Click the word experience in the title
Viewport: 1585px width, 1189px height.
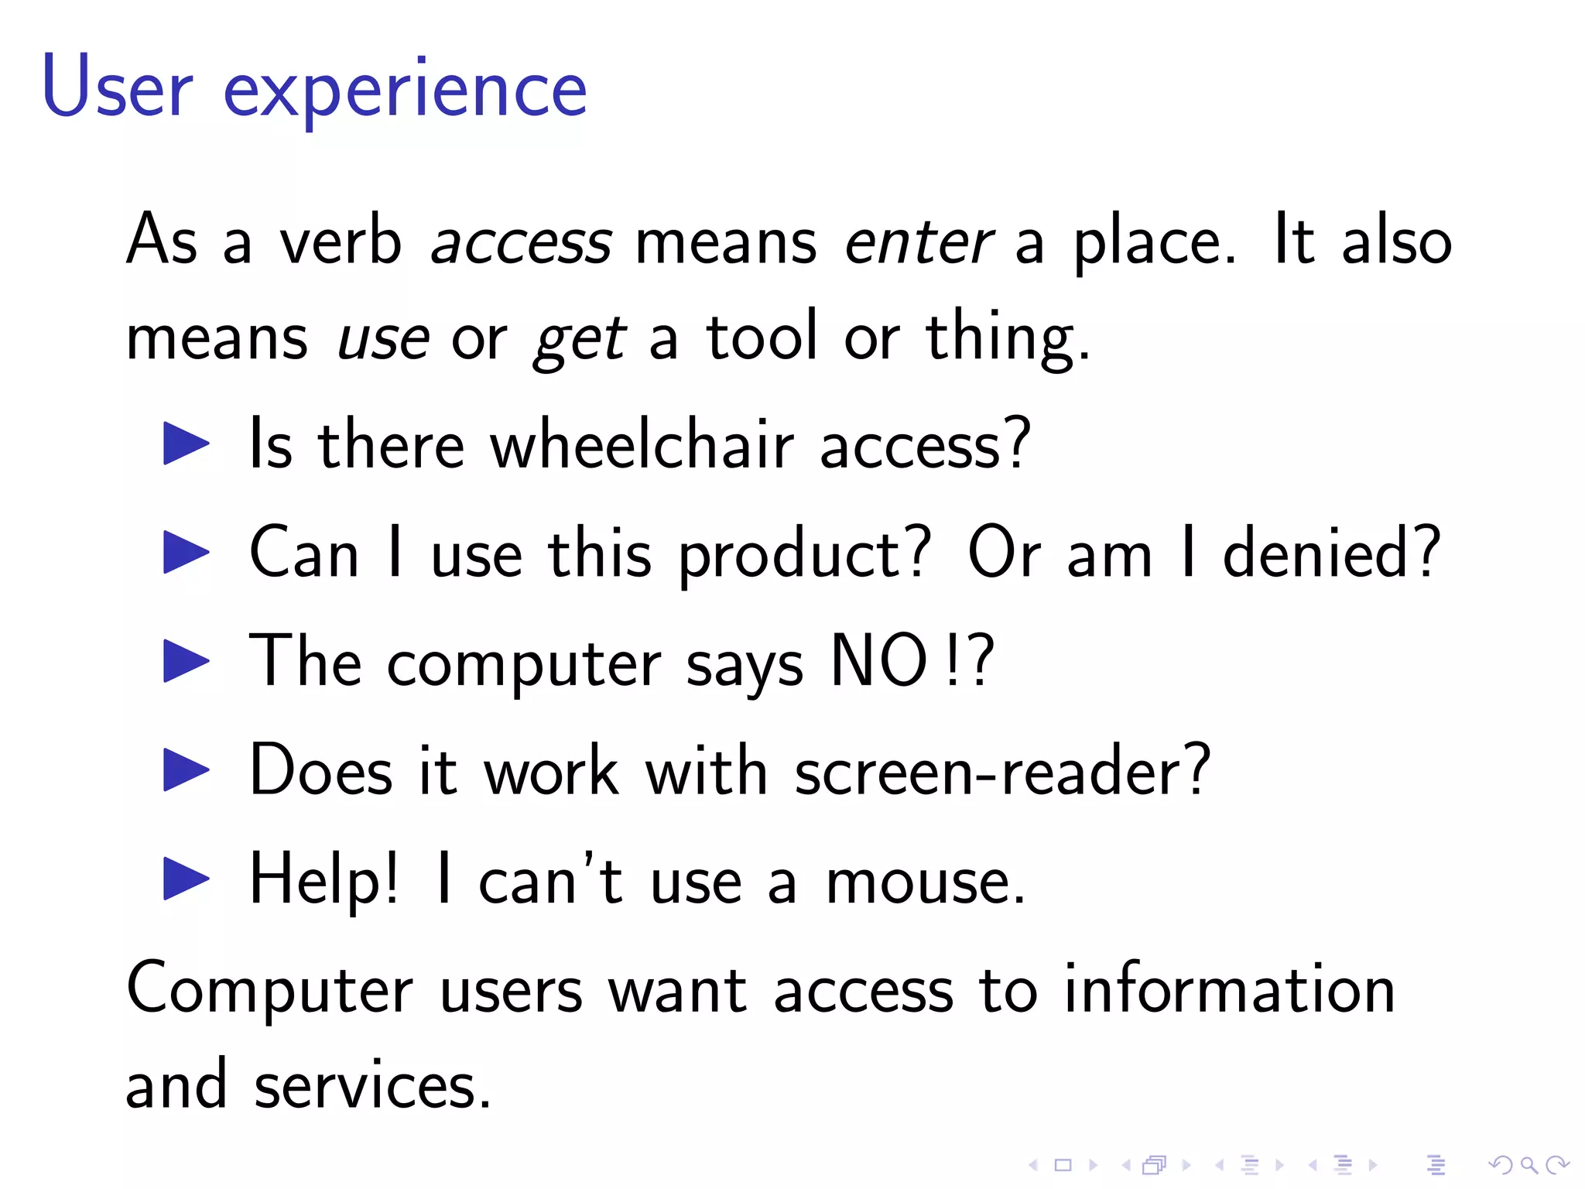coord(405,91)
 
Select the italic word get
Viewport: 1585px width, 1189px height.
coord(580,339)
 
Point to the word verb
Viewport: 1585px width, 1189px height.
coord(341,241)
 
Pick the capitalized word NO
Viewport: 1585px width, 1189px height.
coord(878,660)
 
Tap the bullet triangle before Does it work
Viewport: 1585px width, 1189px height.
coord(187,769)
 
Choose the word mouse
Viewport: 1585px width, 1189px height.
coord(926,882)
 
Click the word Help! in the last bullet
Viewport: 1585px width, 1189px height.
coord(324,880)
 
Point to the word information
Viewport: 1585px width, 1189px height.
coord(1229,990)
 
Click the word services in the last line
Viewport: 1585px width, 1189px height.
coord(372,1085)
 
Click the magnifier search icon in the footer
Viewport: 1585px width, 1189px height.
coord(1529,1165)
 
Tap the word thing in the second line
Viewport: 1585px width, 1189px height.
coord(1007,338)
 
